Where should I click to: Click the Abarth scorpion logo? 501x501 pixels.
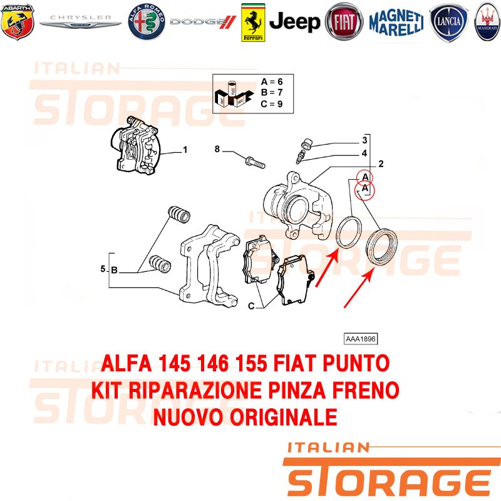tap(18, 22)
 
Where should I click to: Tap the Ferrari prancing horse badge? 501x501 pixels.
tap(253, 23)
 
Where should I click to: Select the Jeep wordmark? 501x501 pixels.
tap(294, 22)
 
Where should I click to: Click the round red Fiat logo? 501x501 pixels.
tap(344, 22)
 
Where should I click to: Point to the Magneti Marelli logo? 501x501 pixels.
tap(396, 23)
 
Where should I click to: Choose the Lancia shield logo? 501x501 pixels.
tap(448, 23)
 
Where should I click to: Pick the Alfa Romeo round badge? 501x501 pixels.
tap(147, 22)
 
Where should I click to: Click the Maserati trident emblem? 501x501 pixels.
tap(488, 22)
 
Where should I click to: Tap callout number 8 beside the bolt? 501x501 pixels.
tap(217, 149)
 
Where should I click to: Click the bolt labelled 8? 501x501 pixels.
tap(255, 162)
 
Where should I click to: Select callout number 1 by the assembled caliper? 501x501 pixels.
tap(185, 150)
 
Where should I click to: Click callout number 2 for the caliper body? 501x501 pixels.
tap(381, 164)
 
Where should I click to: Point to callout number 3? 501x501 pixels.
tap(364, 140)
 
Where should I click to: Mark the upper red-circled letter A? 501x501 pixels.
tap(365, 178)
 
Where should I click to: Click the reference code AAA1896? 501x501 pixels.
tap(361, 339)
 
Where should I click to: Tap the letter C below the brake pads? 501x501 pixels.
tap(251, 306)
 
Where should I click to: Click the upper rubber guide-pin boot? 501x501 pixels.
tap(179, 214)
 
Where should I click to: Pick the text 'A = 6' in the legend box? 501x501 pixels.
tap(272, 82)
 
